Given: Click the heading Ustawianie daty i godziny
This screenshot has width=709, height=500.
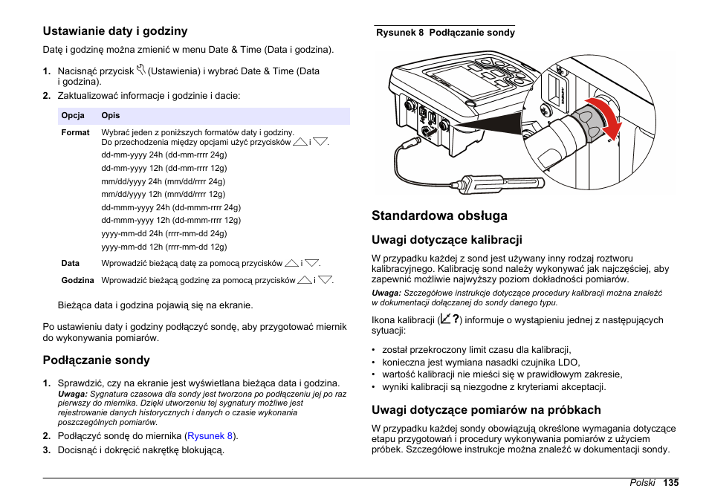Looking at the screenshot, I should point(114,31).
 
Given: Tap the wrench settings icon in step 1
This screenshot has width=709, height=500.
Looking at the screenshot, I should point(141,71).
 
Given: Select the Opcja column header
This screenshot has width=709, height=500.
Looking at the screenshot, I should point(73,116).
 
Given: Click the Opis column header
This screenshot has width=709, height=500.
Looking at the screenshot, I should point(111,116).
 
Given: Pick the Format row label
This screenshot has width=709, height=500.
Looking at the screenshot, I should point(75,132).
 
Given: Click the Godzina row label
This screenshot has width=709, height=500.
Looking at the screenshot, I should point(77,280).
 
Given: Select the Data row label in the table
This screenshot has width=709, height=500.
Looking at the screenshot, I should point(71,263).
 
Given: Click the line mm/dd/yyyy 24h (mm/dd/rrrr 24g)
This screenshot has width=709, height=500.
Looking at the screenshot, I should point(164,181).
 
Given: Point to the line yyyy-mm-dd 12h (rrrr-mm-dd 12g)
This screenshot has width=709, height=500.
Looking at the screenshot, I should point(164,247).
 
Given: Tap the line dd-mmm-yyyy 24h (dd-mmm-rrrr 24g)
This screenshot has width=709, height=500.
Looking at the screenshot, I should point(171,207).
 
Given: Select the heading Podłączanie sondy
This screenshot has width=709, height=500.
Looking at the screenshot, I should point(96,360).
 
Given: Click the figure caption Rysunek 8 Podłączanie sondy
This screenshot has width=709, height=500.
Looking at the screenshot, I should point(445,33).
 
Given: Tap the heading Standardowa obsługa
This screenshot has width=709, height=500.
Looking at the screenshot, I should point(439,215).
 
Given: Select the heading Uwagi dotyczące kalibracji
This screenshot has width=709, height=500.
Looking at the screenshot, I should point(447,240).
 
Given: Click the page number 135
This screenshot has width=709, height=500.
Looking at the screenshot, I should point(672,483).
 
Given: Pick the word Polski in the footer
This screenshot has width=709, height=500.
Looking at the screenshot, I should point(642,483).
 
